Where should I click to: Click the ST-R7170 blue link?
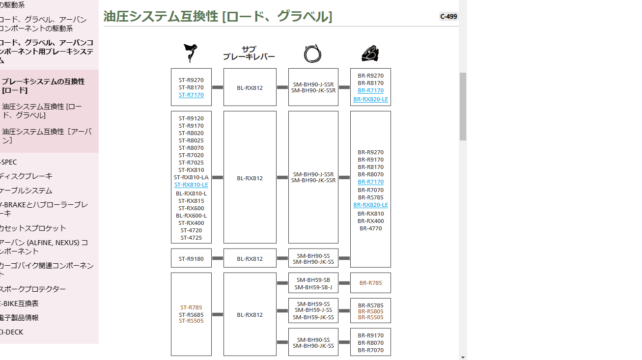point(191,95)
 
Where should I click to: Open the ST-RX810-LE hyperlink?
point(191,185)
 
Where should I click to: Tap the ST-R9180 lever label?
point(191,259)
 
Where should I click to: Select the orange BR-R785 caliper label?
point(370,283)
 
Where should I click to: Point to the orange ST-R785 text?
point(191,307)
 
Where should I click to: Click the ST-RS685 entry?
point(191,315)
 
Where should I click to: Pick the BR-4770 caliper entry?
point(370,228)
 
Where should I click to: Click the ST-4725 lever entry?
point(191,238)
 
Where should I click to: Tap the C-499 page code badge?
point(448,17)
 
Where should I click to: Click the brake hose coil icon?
point(313,54)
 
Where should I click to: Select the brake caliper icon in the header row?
point(370,54)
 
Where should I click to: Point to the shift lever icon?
point(191,53)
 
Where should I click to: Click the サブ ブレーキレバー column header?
point(249,53)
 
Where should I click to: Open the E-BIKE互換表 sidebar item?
point(19,303)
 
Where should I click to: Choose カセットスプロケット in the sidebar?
point(33,228)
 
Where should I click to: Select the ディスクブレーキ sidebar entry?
point(26,176)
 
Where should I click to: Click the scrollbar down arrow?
point(463,357)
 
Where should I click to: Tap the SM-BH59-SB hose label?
point(313,280)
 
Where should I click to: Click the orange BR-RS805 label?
point(370,311)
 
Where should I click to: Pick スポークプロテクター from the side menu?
point(33,289)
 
